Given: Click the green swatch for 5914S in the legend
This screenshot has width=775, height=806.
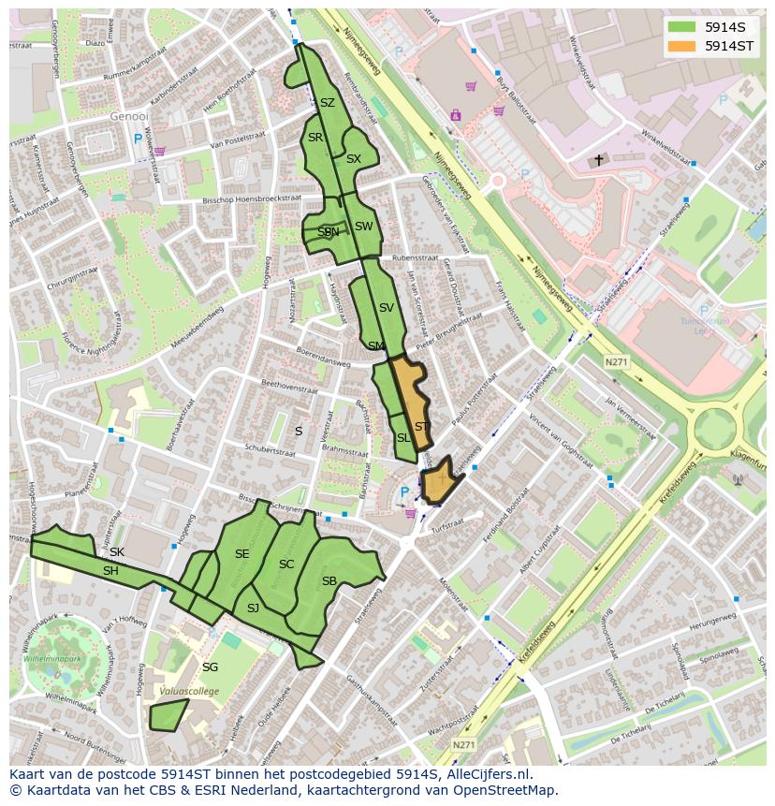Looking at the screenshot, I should coord(682,27).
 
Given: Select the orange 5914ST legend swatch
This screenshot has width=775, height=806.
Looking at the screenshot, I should coord(682,46).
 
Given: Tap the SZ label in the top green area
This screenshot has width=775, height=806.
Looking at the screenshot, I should coord(327,103).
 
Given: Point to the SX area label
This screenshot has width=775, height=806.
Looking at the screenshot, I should coord(353,159).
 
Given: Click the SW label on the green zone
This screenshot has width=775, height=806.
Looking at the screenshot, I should coord(363,227).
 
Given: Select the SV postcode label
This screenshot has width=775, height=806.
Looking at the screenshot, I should coord(387,307).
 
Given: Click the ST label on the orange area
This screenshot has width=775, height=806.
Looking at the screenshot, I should coord(422,427).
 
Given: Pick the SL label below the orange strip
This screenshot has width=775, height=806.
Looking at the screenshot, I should coord(403,438).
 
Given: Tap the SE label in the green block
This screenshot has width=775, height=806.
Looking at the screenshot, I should coord(241,554).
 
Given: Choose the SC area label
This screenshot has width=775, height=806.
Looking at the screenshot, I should coord(286,564).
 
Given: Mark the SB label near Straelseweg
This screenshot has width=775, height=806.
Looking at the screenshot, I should coord(329,581).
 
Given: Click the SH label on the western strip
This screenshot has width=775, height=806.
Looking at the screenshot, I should coord(110,571).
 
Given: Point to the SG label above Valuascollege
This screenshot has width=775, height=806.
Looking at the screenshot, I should coord(210,667).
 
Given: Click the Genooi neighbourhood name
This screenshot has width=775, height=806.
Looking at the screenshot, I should coord(129,117).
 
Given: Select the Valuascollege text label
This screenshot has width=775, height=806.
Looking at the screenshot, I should coord(188,691).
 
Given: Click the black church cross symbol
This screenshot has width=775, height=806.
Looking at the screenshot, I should coord(599,160).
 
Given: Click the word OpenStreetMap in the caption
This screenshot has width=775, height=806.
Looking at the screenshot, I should coord(505,789).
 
